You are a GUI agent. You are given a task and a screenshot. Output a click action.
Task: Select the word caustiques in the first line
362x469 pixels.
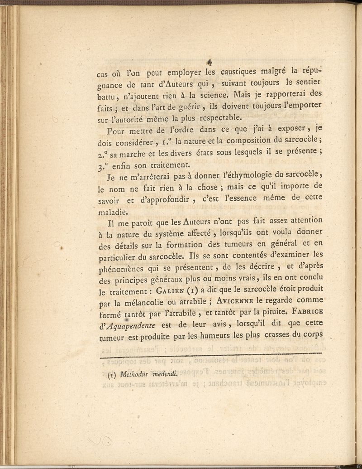pyautogui.click(x=241, y=71)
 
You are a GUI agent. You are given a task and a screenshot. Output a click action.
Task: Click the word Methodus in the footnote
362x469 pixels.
pyautogui.click(x=132, y=374)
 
